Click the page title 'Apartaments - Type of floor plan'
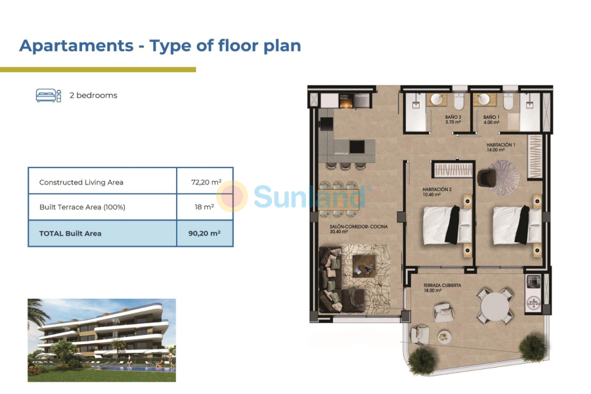pos(160,45)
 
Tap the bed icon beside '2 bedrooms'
pos(48,95)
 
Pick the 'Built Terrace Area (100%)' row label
pos(82,207)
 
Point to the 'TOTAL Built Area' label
pos(70,233)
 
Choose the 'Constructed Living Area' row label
pos(81,182)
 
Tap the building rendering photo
pos(102,340)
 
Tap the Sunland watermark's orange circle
pos(232,196)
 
